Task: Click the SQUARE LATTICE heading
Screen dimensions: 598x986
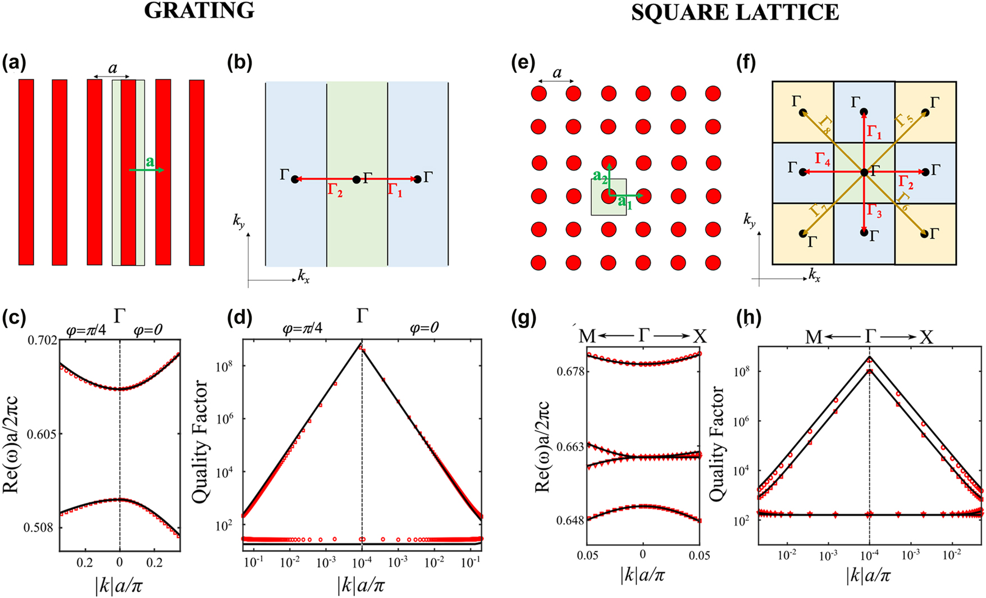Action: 735,12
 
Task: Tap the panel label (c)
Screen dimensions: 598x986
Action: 14,318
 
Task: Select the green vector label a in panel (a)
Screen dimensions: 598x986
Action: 149,162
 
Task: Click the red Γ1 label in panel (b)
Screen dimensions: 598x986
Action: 395,190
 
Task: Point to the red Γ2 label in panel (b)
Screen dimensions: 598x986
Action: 335,190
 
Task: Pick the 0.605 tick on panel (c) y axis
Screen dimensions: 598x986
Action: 44,434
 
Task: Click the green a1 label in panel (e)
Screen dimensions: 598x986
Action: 625,202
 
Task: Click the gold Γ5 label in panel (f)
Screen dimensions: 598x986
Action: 902,120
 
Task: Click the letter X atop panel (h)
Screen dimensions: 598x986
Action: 926,337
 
